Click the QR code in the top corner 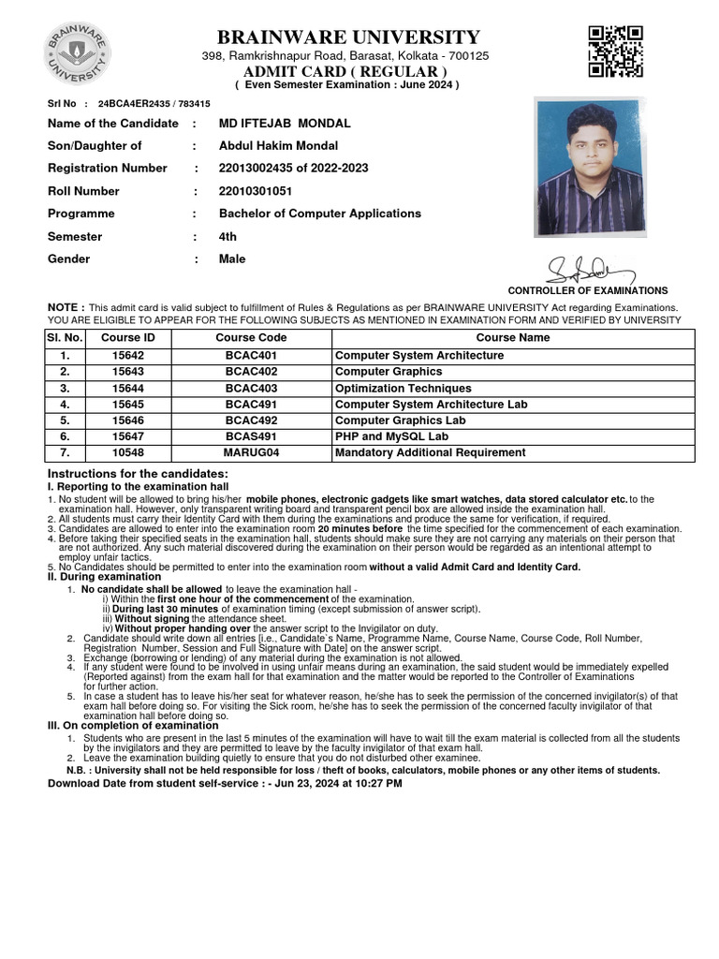click(x=615, y=52)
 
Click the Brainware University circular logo click(x=77, y=53)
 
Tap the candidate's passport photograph click(x=590, y=166)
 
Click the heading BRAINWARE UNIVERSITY click(x=348, y=37)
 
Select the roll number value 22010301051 click(x=256, y=191)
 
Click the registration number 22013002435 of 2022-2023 click(x=293, y=169)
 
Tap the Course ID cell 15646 click(x=128, y=420)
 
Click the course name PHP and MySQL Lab click(x=391, y=436)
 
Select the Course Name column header click(x=513, y=338)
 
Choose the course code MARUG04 click(x=251, y=453)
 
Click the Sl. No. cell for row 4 click(x=65, y=405)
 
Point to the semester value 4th click(x=227, y=237)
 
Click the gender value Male click(x=231, y=259)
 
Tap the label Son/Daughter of click(x=95, y=146)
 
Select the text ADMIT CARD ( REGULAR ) click(x=345, y=72)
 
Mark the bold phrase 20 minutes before click(x=354, y=529)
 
